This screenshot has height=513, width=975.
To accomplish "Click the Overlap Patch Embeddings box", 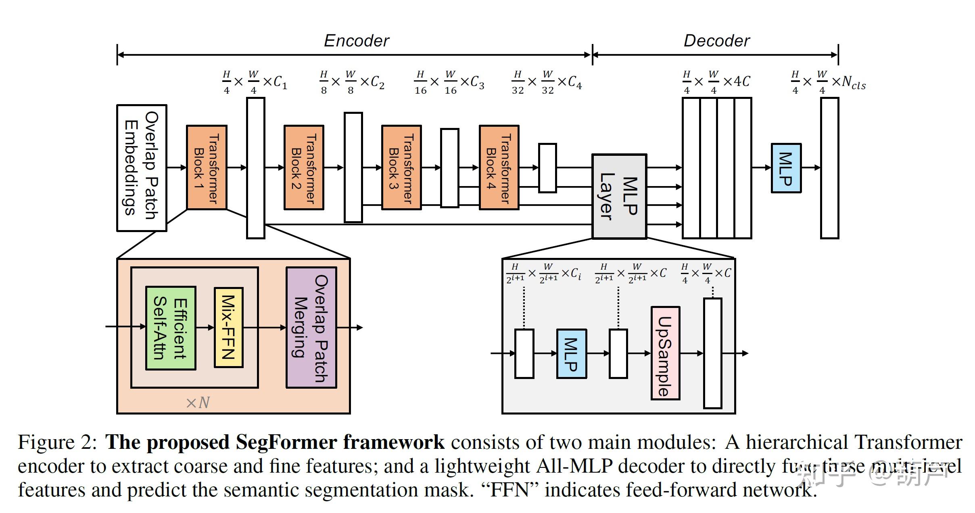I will pyautogui.click(x=142, y=168).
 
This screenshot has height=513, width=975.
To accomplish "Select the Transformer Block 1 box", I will pyautogui.click(x=207, y=168).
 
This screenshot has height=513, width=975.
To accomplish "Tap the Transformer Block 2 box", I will pyautogui.click(x=304, y=168).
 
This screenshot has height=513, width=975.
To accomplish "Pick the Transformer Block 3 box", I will pyautogui.click(x=401, y=168).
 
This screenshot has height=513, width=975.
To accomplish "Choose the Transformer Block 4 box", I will pyautogui.click(x=499, y=168).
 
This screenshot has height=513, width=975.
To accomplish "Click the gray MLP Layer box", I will pyautogui.click(x=619, y=197).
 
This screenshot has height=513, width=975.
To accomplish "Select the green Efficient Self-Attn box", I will pyautogui.click(x=171, y=328).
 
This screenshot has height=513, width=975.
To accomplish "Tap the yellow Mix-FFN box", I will pyautogui.click(x=228, y=328).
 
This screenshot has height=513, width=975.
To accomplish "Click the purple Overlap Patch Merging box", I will pyautogui.click(x=311, y=327).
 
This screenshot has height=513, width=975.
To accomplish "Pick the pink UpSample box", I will pyautogui.click(x=665, y=353).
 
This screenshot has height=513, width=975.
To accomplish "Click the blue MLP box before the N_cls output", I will pyautogui.click(x=786, y=168).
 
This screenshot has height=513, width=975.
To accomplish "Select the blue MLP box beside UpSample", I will pyautogui.click(x=571, y=354).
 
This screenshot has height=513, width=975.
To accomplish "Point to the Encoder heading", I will pyautogui.click(x=357, y=41).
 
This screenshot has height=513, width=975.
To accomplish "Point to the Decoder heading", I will pyautogui.click(x=716, y=41).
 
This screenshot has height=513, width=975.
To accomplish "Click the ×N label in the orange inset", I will pyautogui.click(x=198, y=402).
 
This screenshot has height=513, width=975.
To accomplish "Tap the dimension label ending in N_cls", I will pyautogui.click(x=828, y=82).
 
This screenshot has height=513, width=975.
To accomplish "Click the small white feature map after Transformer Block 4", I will pyautogui.click(x=547, y=168).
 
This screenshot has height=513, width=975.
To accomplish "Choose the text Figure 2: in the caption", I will pyautogui.click(x=57, y=442).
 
